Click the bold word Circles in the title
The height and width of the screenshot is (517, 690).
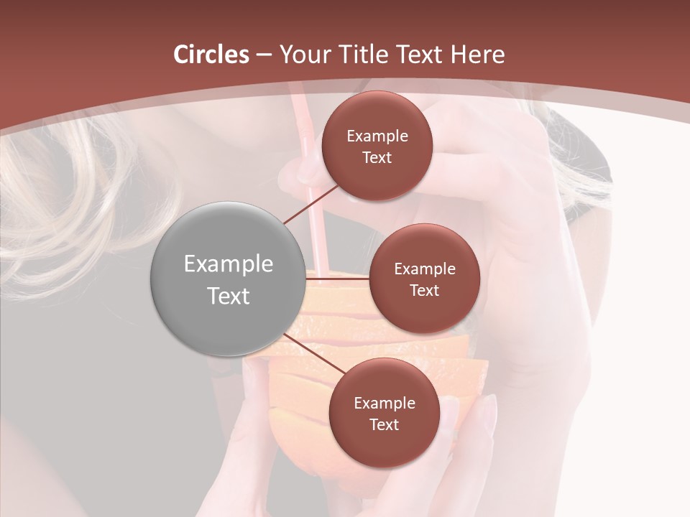click(211, 55)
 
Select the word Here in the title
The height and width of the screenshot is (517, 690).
click(477, 55)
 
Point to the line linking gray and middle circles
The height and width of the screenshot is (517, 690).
click(336, 278)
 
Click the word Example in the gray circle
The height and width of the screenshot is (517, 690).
click(229, 264)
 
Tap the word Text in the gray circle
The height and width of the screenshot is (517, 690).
click(229, 296)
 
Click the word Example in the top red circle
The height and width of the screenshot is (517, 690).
click(377, 136)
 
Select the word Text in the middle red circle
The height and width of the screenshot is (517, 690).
click(424, 290)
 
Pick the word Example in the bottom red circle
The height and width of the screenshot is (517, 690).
click(385, 404)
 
